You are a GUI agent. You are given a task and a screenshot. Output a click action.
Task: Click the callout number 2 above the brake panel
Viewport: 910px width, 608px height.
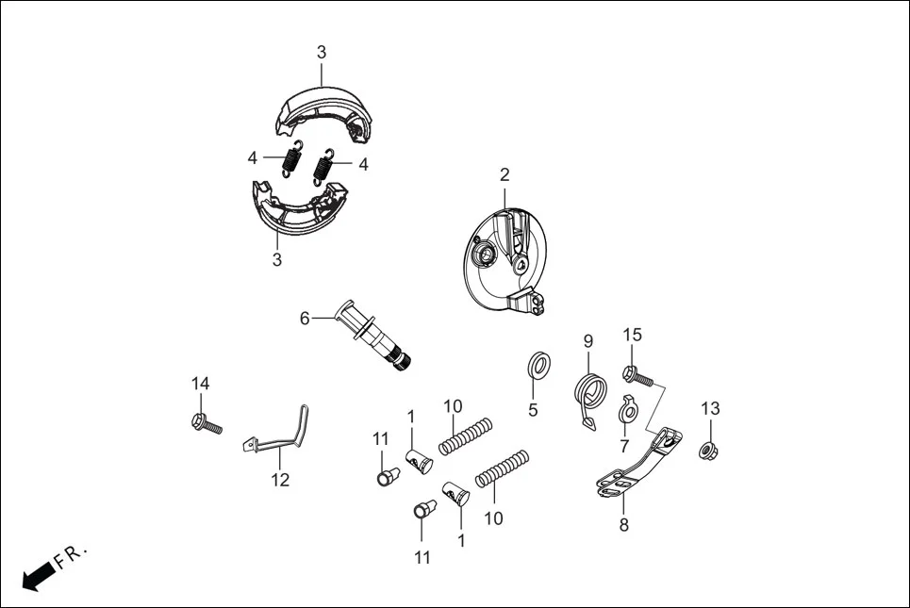pyautogui.click(x=505, y=174)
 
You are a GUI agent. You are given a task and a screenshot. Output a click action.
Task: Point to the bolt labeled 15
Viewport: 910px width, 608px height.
pyautogui.click(x=637, y=375)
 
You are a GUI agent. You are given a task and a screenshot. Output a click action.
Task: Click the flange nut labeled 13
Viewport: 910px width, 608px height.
pyautogui.click(x=705, y=450)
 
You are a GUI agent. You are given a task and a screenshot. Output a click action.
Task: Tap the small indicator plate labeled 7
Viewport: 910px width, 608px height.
pyautogui.click(x=628, y=412)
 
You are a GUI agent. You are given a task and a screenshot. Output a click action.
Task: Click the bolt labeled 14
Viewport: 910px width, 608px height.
pyautogui.click(x=206, y=422)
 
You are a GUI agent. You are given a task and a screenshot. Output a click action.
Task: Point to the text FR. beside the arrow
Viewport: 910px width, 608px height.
pyautogui.click(x=71, y=555)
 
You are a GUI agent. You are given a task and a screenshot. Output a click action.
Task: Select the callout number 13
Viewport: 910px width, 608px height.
pyautogui.click(x=710, y=408)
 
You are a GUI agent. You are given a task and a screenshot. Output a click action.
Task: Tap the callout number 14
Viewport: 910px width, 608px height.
pyautogui.click(x=201, y=384)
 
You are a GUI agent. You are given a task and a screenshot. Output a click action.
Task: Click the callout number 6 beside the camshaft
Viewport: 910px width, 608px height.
pyautogui.click(x=305, y=319)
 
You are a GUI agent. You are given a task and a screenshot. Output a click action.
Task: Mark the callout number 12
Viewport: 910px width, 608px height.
pyautogui.click(x=280, y=481)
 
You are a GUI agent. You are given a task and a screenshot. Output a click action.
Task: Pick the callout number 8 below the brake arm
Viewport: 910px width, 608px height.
pyautogui.click(x=623, y=525)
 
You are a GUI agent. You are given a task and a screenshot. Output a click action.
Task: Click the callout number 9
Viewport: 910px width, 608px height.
pyautogui.click(x=587, y=340)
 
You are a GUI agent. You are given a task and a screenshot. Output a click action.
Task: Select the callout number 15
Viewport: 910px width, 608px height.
pyautogui.click(x=632, y=335)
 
